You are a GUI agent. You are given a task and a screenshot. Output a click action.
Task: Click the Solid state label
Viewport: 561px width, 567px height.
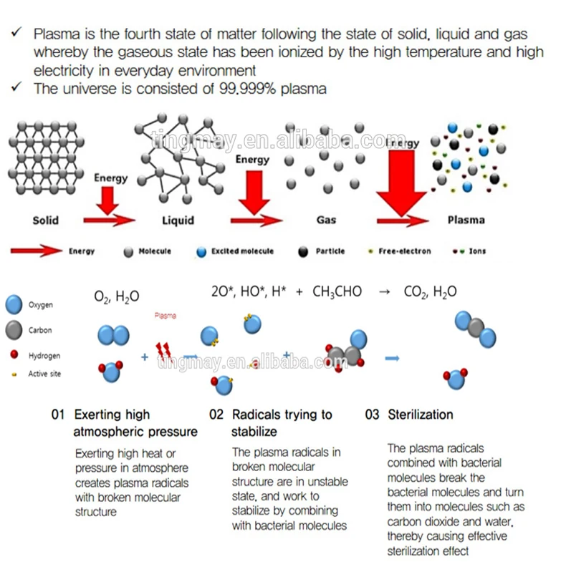(x=45, y=220)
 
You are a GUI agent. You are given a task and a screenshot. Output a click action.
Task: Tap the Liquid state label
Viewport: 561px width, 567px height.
(x=178, y=220)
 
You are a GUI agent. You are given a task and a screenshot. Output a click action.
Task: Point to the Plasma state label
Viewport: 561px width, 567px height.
(x=466, y=220)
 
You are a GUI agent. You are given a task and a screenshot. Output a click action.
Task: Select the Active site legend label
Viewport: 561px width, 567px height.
(x=44, y=374)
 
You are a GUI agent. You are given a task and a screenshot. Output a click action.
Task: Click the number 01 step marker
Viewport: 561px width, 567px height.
(x=58, y=415)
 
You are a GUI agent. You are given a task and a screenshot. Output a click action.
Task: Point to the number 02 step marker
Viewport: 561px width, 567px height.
(x=216, y=415)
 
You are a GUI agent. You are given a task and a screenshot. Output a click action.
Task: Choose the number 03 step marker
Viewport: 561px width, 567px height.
(x=372, y=415)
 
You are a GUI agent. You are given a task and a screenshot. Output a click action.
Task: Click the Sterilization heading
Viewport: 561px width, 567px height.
(x=421, y=415)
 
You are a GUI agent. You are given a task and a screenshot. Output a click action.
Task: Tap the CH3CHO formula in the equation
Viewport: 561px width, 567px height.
(x=337, y=292)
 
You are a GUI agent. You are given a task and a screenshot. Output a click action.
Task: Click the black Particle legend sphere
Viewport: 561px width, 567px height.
(x=303, y=252)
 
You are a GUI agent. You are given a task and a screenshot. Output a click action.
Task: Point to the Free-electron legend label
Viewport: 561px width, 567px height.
(x=406, y=252)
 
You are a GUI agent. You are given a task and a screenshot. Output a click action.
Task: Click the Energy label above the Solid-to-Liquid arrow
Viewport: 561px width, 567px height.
(x=110, y=178)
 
